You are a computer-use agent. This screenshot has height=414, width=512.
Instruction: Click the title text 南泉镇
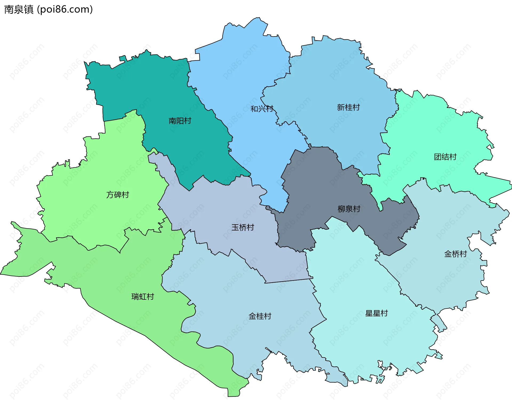19,9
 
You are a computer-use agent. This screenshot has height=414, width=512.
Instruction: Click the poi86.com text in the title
65,9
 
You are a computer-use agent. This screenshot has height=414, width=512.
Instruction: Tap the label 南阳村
180,121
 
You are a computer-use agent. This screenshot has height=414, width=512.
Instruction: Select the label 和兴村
262,109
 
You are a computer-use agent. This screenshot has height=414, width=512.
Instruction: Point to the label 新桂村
348,107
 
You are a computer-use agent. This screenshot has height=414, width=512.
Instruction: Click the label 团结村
445,157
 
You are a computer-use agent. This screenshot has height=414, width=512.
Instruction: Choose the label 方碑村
118,195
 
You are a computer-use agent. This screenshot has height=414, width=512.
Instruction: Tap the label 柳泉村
349,209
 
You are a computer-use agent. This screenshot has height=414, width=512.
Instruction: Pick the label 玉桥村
243,227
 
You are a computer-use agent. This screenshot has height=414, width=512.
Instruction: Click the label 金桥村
455,254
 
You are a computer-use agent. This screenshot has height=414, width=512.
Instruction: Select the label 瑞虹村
143,297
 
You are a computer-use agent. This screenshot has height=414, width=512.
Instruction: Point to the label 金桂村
260,316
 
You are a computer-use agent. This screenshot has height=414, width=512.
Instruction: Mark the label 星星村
376,313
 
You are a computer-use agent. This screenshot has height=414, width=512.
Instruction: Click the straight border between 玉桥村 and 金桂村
288,281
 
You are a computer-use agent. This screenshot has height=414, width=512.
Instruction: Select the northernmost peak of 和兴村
258,18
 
